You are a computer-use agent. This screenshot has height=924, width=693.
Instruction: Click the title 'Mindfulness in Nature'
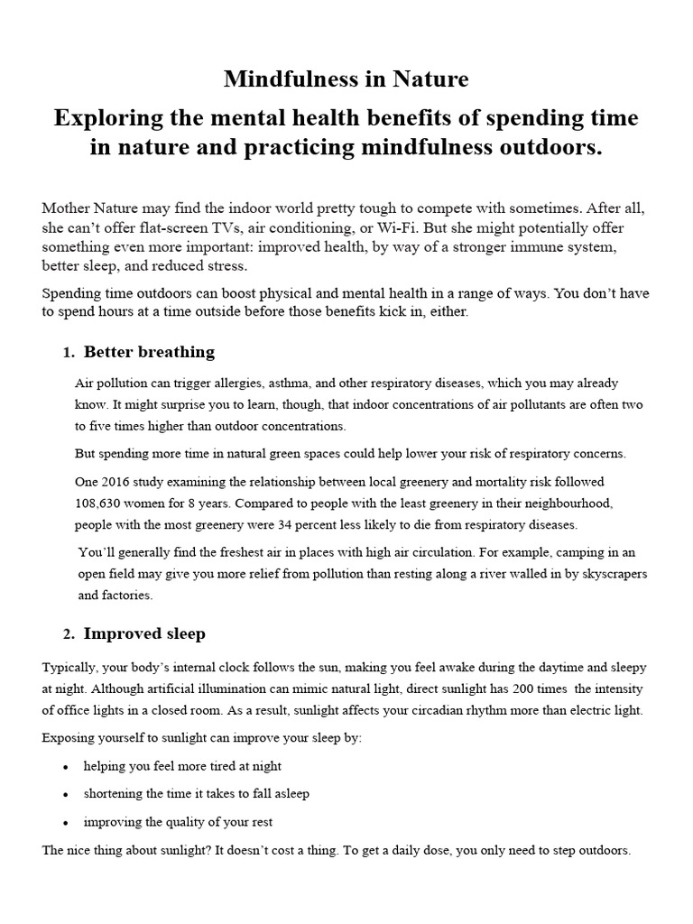pyautogui.click(x=346, y=79)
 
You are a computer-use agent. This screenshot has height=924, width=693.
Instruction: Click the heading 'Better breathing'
pyautogui.click(x=149, y=351)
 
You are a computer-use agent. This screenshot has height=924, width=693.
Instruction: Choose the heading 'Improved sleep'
pyautogui.click(x=144, y=633)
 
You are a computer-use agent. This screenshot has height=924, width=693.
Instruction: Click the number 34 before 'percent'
pyautogui.click(x=288, y=524)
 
